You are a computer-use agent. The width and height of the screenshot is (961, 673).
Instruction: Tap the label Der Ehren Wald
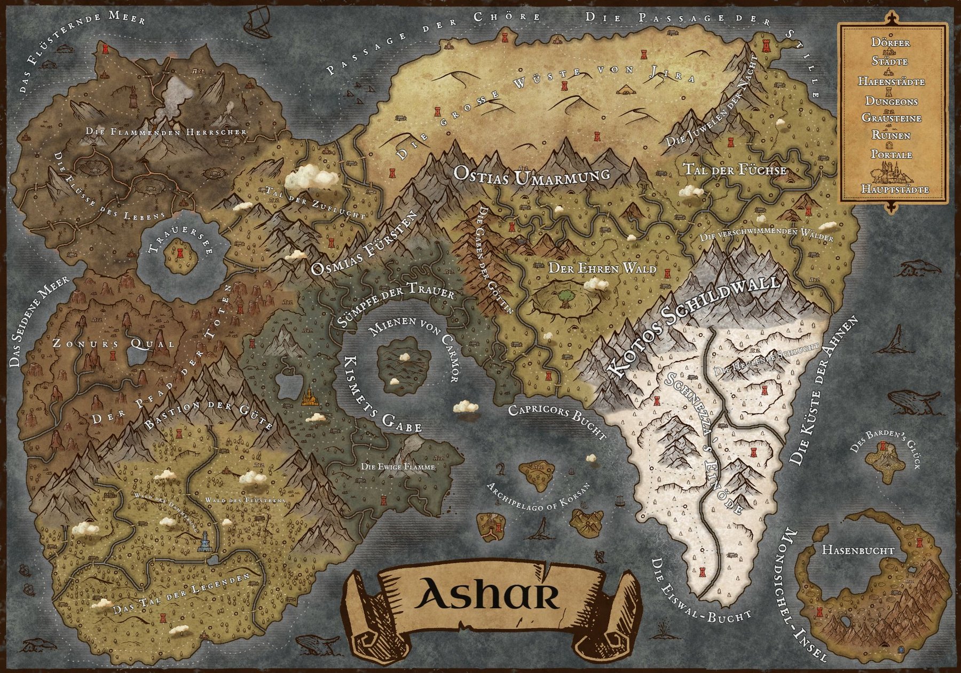click(602, 269)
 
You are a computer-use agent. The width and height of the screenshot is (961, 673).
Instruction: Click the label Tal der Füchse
click(735, 170)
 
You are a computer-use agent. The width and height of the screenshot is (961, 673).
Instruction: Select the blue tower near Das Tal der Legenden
click(204, 544)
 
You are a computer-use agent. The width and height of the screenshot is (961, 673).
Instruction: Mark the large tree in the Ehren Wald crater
click(564, 296)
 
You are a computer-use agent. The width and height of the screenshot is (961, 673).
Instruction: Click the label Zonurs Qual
click(113, 343)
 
